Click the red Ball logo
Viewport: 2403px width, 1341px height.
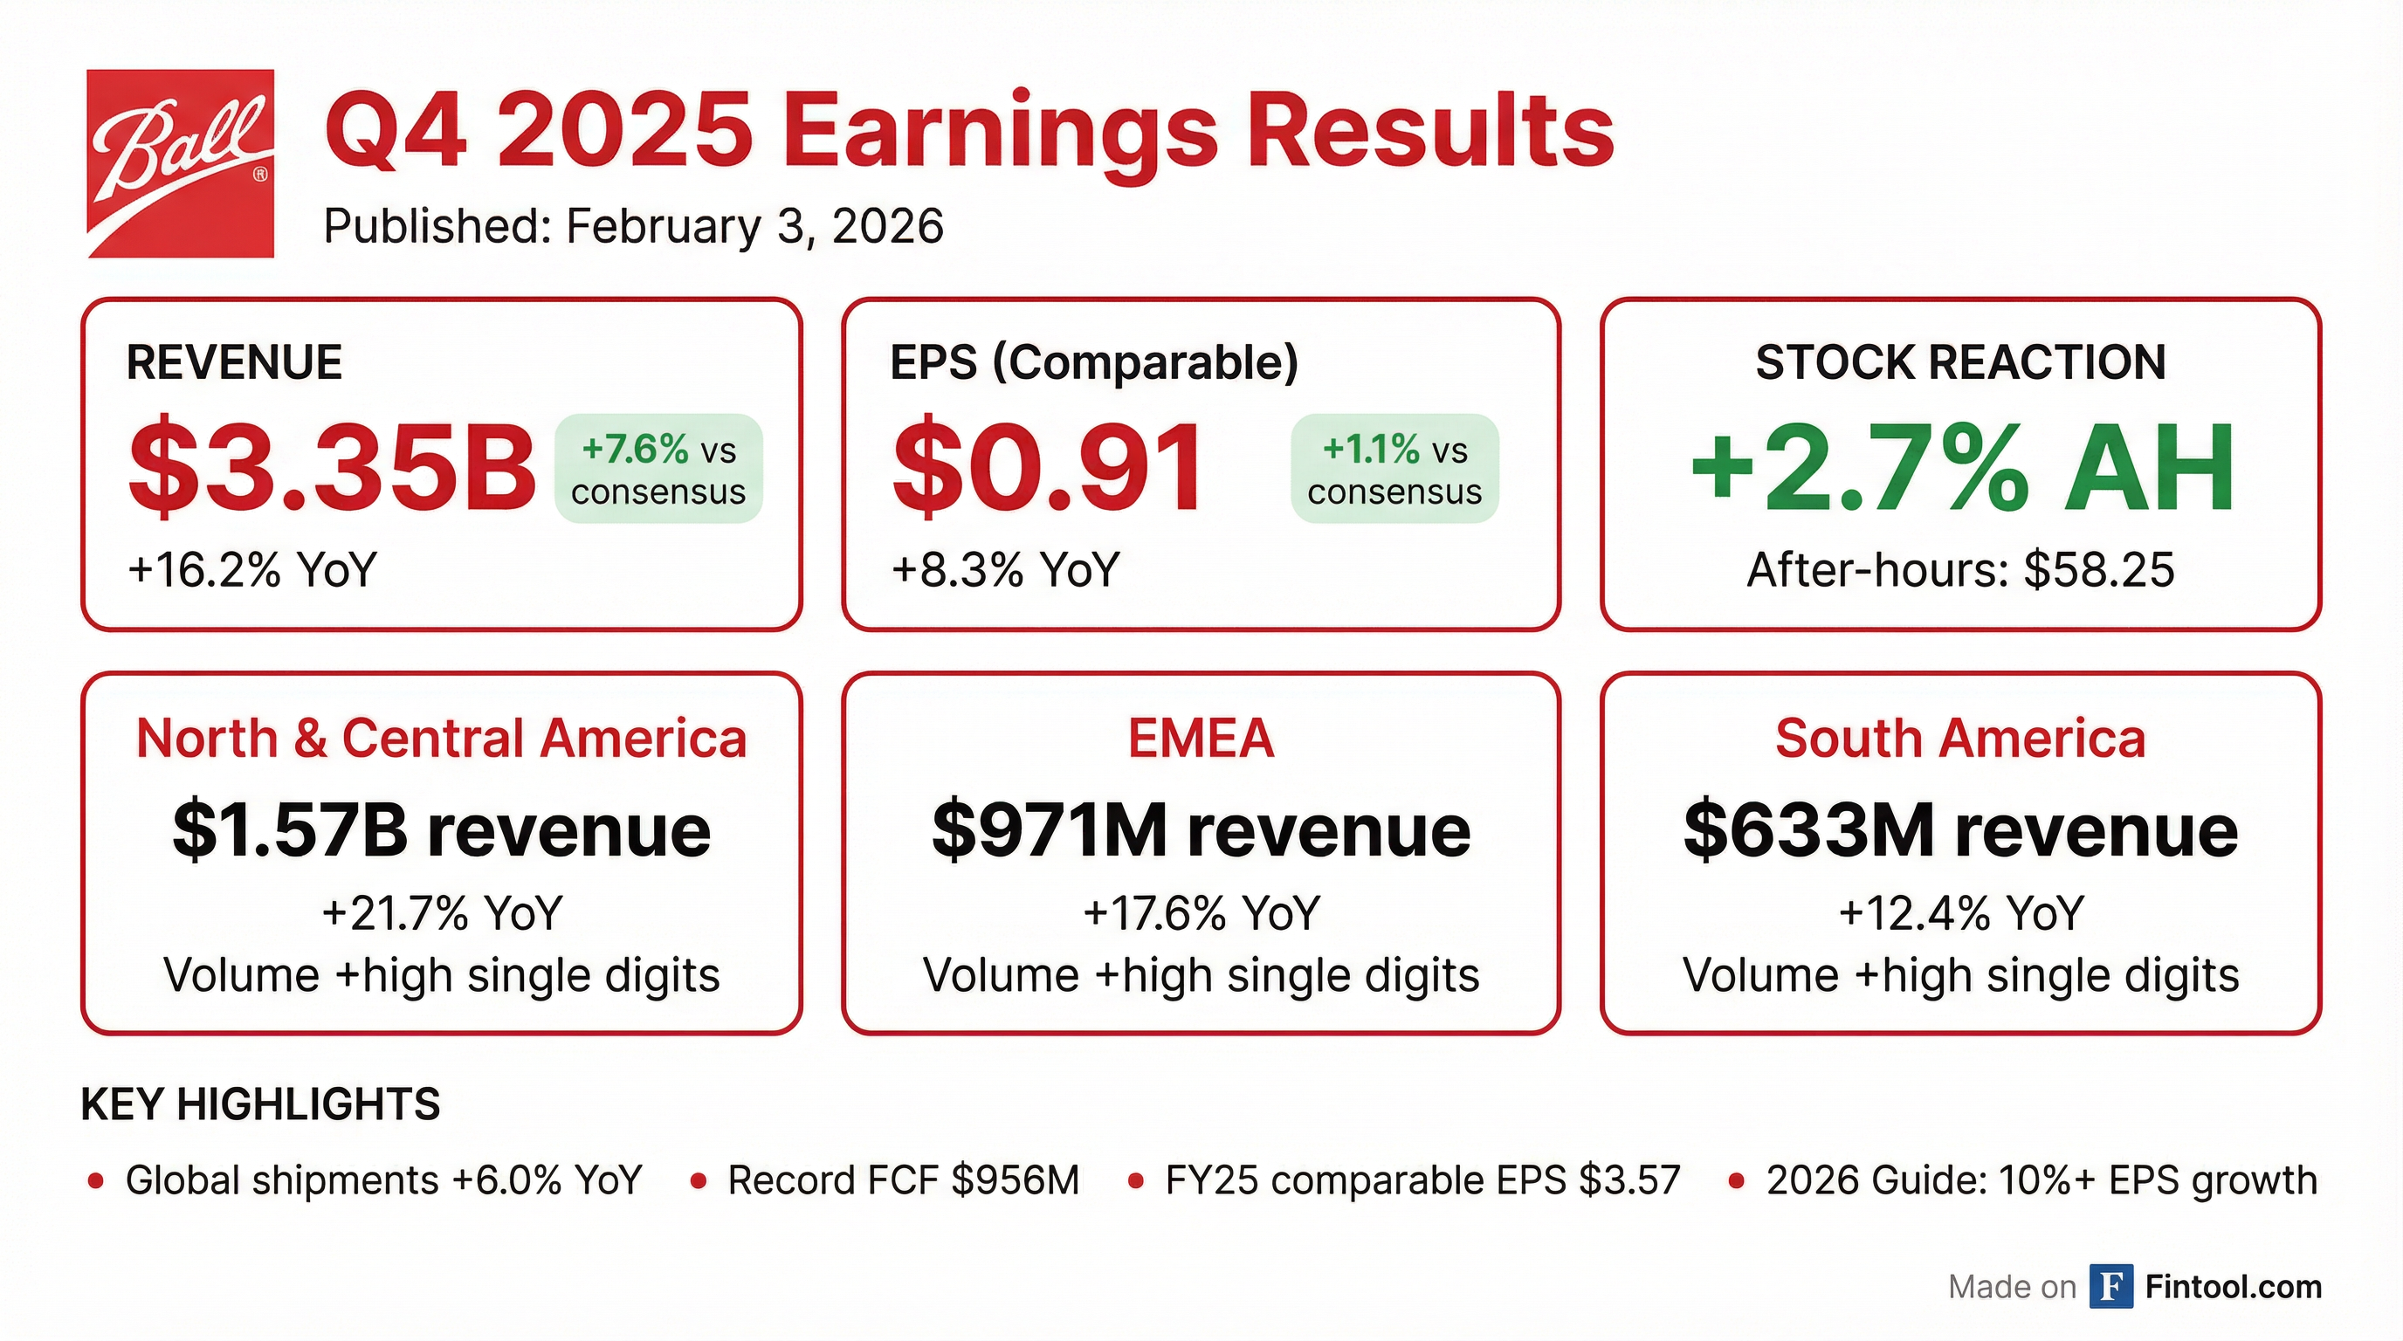click(180, 163)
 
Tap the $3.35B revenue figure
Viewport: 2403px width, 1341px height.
click(332, 468)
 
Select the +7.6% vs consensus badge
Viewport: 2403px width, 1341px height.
click(658, 469)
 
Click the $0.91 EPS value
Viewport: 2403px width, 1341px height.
click(1048, 468)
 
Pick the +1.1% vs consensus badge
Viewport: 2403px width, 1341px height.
click(1394, 469)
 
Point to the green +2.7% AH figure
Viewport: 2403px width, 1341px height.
click(1962, 468)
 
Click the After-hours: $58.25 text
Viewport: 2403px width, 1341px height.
click(1961, 570)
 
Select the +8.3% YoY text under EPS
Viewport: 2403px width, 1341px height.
click(1006, 570)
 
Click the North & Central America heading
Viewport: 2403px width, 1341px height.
click(441, 739)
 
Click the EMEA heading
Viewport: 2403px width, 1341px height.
click(1201, 739)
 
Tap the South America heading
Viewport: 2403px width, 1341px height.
click(1961, 739)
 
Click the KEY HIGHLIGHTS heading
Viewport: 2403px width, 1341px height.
click(260, 1104)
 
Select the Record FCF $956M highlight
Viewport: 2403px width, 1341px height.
click(903, 1180)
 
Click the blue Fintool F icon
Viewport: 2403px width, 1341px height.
click(2111, 1287)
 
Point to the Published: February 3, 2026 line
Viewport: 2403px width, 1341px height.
click(633, 227)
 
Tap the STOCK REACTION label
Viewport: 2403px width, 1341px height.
click(1961, 361)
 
